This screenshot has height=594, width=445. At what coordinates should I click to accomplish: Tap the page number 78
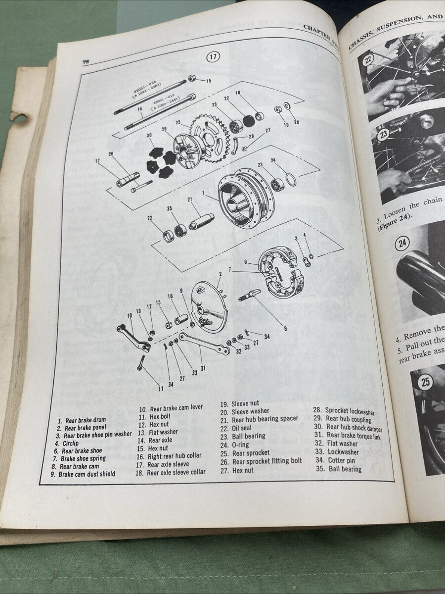coord(86,61)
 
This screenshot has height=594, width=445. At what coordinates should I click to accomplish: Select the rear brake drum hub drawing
coord(241,198)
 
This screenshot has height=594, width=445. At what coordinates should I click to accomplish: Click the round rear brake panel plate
coord(209,305)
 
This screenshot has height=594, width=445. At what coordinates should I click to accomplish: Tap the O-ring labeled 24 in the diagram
coord(291,180)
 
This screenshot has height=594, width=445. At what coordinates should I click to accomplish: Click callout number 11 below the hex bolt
coord(160,389)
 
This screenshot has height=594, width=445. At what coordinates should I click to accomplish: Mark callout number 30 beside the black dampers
coord(149,135)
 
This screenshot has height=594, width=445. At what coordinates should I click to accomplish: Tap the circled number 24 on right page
coord(403,243)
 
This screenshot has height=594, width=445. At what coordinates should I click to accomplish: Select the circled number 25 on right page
coord(425,382)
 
